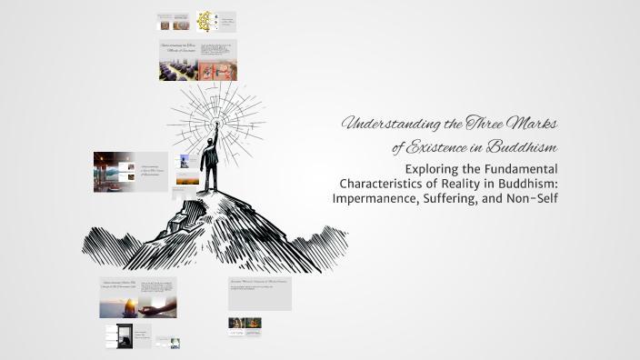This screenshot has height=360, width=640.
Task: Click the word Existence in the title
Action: (x=437, y=146)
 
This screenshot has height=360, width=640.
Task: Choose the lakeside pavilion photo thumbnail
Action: (x=111, y=170)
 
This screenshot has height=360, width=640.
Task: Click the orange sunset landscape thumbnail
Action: (x=186, y=180)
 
